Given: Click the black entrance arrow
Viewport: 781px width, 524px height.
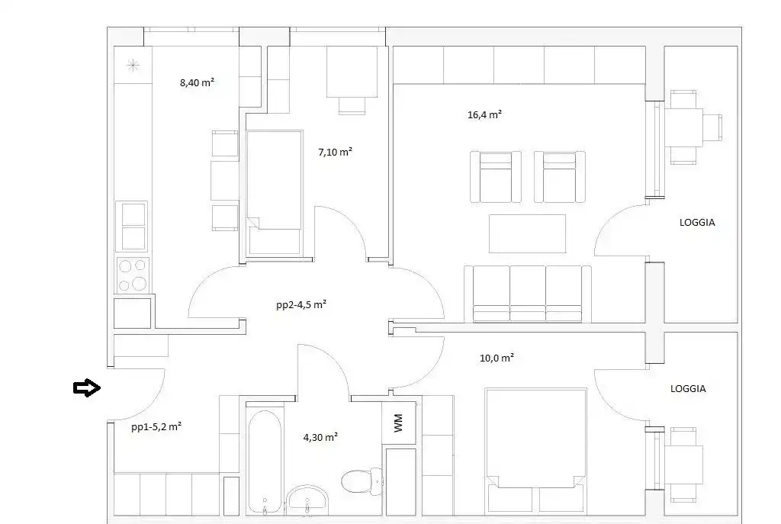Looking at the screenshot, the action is click(x=87, y=387).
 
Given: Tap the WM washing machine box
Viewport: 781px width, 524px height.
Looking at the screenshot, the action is click(x=398, y=423).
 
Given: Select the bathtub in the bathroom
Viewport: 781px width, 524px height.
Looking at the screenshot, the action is click(x=265, y=461).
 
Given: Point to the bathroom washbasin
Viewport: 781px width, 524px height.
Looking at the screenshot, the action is click(x=307, y=500).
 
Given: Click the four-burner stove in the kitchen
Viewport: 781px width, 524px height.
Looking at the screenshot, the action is click(x=133, y=274).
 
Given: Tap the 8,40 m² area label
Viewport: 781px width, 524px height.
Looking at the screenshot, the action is click(x=198, y=82).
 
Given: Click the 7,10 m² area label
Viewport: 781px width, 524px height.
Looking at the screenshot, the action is click(x=336, y=152).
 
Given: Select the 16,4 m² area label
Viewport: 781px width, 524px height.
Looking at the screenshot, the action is click(x=484, y=114).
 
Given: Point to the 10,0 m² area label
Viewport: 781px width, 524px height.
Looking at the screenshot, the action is click(x=497, y=358).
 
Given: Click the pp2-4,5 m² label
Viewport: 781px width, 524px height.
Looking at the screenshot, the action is click(x=301, y=304).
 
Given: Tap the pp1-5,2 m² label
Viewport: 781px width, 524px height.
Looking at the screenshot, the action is click(x=156, y=426).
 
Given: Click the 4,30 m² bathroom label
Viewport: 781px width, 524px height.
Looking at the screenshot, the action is click(x=320, y=437).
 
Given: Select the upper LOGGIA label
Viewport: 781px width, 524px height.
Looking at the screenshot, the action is click(x=697, y=223).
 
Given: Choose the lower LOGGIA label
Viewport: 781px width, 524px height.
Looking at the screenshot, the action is click(x=688, y=388).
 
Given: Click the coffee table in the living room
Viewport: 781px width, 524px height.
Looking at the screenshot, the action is click(x=527, y=233).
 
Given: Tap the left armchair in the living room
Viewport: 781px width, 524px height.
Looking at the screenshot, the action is click(x=496, y=177).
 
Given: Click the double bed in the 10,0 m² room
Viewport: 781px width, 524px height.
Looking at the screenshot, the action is click(x=535, y=450).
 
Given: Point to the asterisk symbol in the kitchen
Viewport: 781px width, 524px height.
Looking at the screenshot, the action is click(x=133, y=65).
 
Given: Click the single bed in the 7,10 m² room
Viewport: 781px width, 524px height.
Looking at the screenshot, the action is click(x=275, y=192).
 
